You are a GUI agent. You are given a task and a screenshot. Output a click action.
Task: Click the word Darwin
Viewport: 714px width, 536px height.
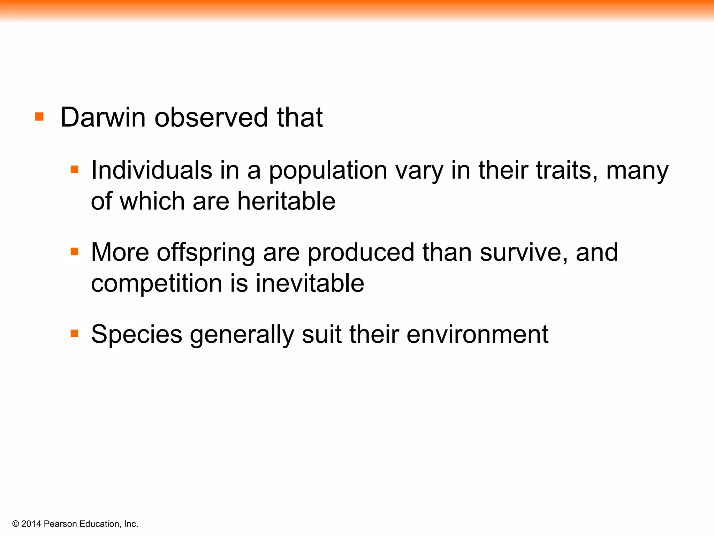(x=102, y=117)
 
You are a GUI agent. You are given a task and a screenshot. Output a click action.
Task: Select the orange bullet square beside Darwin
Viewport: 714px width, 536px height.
(x=39, y=116)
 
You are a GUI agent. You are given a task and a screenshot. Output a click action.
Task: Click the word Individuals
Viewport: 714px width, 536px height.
(x=152, y=170)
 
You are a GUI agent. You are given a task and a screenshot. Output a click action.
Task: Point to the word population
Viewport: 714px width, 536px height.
(x=328, y=171)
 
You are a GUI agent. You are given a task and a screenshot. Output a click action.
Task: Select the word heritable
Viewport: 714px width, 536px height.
(x=286, y=201)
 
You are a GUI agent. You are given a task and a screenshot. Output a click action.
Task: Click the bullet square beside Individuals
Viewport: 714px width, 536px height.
(x=74, y=170)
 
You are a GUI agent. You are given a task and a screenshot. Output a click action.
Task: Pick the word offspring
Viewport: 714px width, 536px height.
(x=206, y=253)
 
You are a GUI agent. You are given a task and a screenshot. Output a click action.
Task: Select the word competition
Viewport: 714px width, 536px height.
(x=156, y=283)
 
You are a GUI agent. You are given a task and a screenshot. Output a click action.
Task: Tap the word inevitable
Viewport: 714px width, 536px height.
(x=310, y=283)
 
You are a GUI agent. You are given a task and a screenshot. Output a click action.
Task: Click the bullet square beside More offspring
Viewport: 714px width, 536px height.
(x=74, y=251)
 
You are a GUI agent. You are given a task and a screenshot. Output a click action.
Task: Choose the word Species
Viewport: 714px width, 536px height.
(x=137, y=334)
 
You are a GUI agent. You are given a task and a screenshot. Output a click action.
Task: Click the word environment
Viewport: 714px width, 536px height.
(x=477, y=334)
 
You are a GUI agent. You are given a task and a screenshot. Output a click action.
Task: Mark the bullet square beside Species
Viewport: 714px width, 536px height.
(x=74, y=333)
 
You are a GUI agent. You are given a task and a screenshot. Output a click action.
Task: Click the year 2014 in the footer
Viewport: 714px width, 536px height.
(x=31, y=524)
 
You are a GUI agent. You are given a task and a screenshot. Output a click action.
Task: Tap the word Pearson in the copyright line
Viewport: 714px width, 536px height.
(x=61, y=524)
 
